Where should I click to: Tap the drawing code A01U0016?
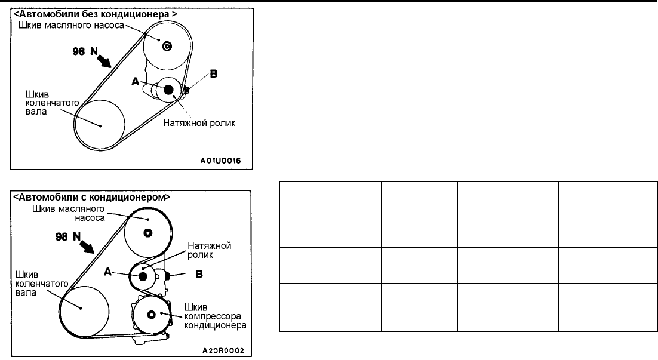pyautogui.click(x=223, y=161)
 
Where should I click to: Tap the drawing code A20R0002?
pyautogui.click(x=223, y=351)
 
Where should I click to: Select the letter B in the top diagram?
pyautogui.click(x=213, y=75)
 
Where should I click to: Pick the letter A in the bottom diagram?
pyautogui.click(x=108, y=272)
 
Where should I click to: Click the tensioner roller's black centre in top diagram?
pyautogui.click(x=168, y=90)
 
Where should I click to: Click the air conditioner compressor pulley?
pyautogui.click(x=151, y=315)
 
